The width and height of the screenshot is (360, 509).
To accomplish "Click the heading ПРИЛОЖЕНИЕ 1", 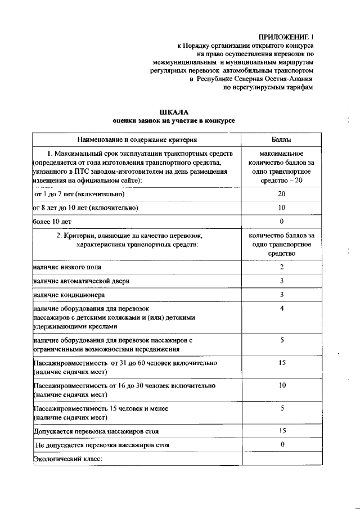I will coord(286,36).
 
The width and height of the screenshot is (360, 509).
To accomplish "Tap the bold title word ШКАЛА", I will coord(173,112).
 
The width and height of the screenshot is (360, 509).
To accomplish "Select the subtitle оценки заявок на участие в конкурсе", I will coord(173,121).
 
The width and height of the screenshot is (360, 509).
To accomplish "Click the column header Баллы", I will coord(281,139).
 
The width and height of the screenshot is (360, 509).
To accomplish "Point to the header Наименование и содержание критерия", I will coord(137,139).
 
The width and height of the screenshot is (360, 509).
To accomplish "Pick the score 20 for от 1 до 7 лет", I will coord(281,194).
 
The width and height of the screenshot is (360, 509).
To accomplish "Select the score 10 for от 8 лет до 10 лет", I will coord(281,208).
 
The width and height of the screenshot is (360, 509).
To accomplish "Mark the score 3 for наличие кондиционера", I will coord(281,294).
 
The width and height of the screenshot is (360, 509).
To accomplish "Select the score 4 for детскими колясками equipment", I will coord(281,308).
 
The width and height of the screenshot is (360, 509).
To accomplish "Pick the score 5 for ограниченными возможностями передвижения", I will coord(281,340).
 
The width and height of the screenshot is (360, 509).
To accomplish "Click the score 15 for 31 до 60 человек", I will coord(281,363).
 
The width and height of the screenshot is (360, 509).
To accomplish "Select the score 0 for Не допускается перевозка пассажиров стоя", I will coord(281,445).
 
